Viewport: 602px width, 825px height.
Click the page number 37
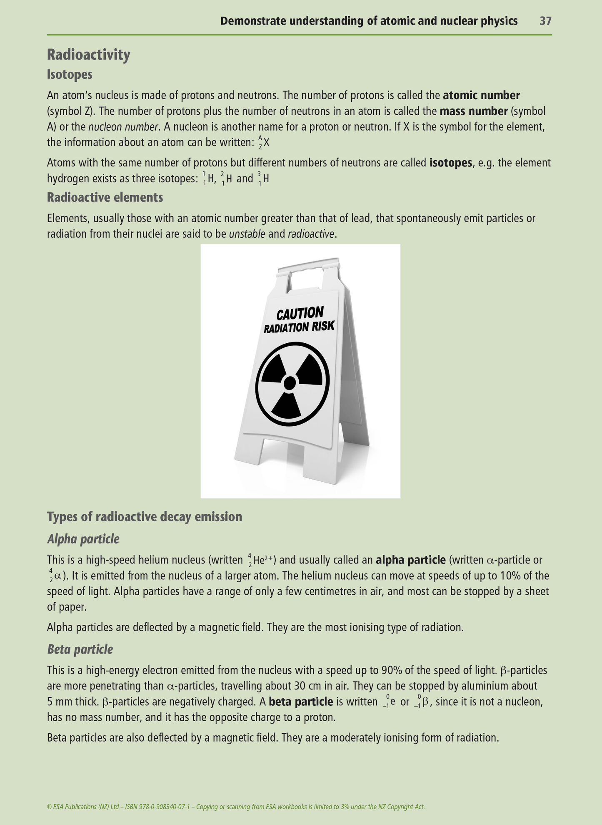(x=545, y=21)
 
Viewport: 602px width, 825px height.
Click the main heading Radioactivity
(x=88, y=55)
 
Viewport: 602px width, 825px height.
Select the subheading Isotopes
(x=70, y=75)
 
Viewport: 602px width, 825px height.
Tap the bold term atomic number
(x=481, y=96)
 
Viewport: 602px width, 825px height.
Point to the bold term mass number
(x=474, y=111)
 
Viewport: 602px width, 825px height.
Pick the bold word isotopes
(x=451, y=163)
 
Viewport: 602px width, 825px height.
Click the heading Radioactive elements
(x=105, y=197)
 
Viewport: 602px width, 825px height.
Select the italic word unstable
(x=247, y=234)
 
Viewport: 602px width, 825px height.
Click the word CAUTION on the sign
(x=300, y=313)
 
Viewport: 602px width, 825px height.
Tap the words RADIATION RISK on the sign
(x=299, y=327)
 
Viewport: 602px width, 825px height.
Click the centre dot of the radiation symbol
(x=290, y=383)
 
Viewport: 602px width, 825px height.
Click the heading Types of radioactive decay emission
(x=145, y=517)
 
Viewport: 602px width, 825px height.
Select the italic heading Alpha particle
(x=83, y=539)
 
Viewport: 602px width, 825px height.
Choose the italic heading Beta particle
(x=80, y=649)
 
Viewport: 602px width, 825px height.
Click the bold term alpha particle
(x=410, y=560)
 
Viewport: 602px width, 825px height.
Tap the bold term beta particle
(x=301, y=702)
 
